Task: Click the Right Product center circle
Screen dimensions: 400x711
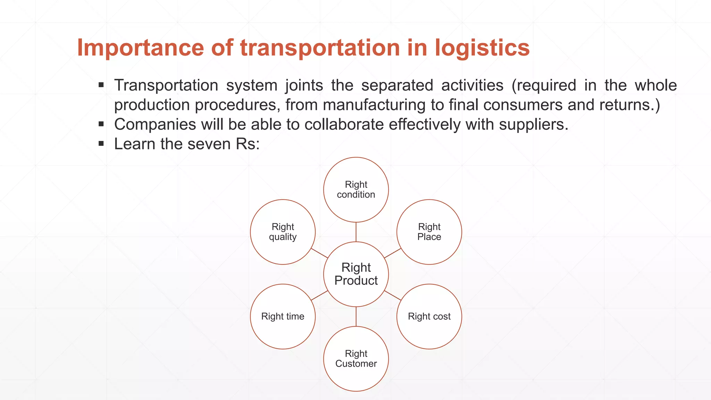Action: (x=356, y=274)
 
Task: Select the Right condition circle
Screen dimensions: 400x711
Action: (x=356, y=190)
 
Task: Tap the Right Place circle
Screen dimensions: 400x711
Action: (x=429, y=232)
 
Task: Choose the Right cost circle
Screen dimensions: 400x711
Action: (x=429, y=316)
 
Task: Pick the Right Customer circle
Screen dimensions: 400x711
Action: (x=356, y=359)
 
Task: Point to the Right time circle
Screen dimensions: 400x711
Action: (x=283, y=316)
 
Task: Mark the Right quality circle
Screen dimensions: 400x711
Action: (x=283, y=232)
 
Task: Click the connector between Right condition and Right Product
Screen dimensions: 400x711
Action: (x=356, y=232)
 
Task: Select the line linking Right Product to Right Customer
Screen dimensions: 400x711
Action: (x=356, y=317)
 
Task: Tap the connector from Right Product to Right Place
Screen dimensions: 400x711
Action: (x=393, y=253)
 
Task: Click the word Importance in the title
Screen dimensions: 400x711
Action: (x=140, y=48)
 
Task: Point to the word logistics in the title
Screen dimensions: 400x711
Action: (x=482, y=48)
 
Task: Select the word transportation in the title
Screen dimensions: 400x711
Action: (x=320, y=48)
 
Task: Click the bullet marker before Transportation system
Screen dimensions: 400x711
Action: (x=101, y=85)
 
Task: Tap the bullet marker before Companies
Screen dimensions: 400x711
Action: (x=101, y=124)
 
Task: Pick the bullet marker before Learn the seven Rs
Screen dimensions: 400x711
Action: (x=101, y=143)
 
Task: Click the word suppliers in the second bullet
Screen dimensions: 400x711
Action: (x=533, y=125)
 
